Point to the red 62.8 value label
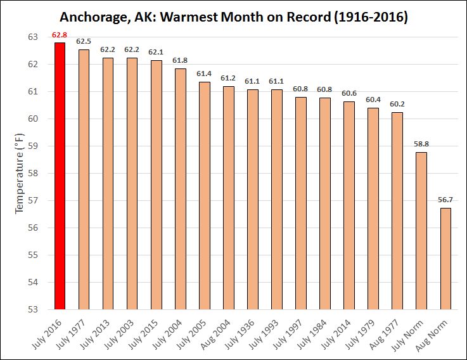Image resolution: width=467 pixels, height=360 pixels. (x=60, y=35)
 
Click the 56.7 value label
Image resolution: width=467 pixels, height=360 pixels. (x=445, y=200)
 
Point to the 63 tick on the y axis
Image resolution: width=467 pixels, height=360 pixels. (x=34, y=37)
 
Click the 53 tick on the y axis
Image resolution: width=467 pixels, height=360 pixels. (x=34, y=309)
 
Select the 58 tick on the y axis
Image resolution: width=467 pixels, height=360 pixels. (x=34, y=174)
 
